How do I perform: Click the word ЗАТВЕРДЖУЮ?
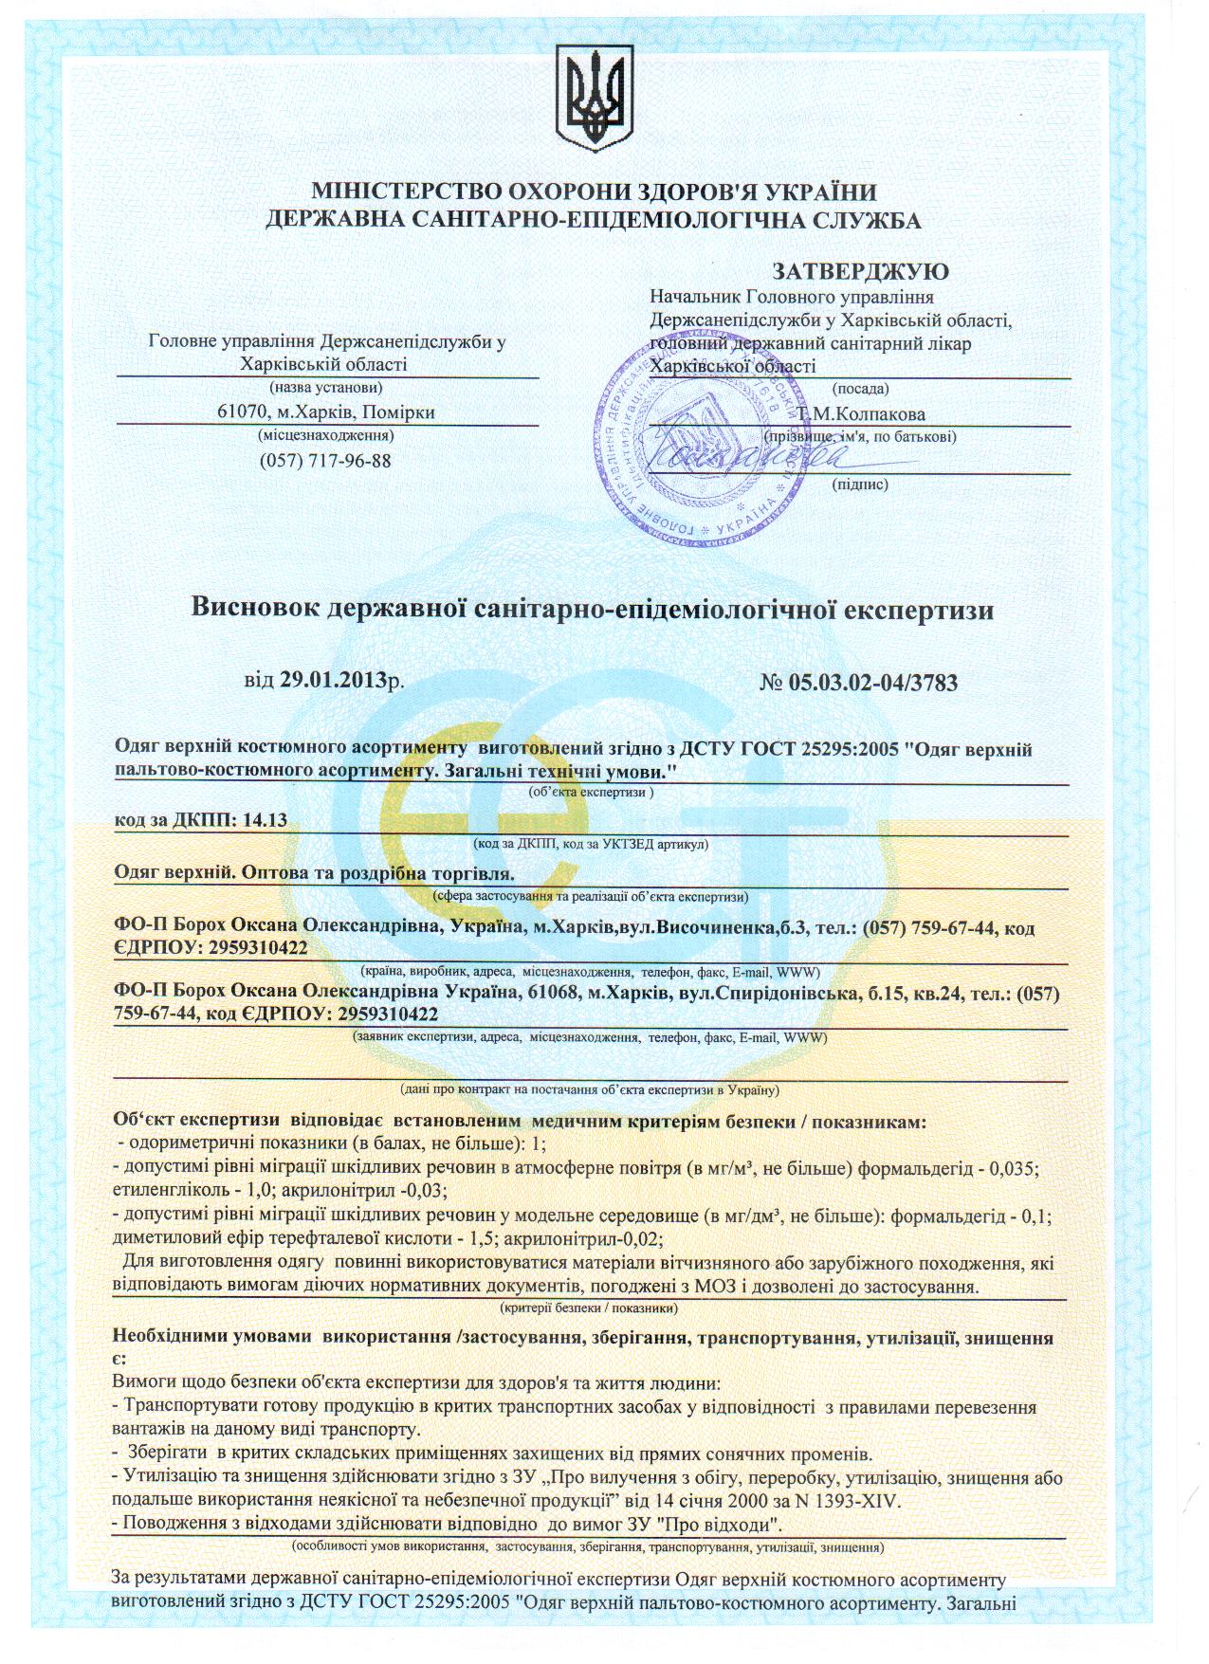pos(861,272)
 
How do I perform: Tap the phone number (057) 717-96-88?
pos(325,461)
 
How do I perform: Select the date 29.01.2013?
pos(334,681)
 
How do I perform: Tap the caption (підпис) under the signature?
pos(859,485)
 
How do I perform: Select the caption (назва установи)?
pos(326,388)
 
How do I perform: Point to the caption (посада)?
pos(860,389)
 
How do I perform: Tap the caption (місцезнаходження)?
pos(325,436)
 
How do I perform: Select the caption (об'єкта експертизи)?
pos(592,791)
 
